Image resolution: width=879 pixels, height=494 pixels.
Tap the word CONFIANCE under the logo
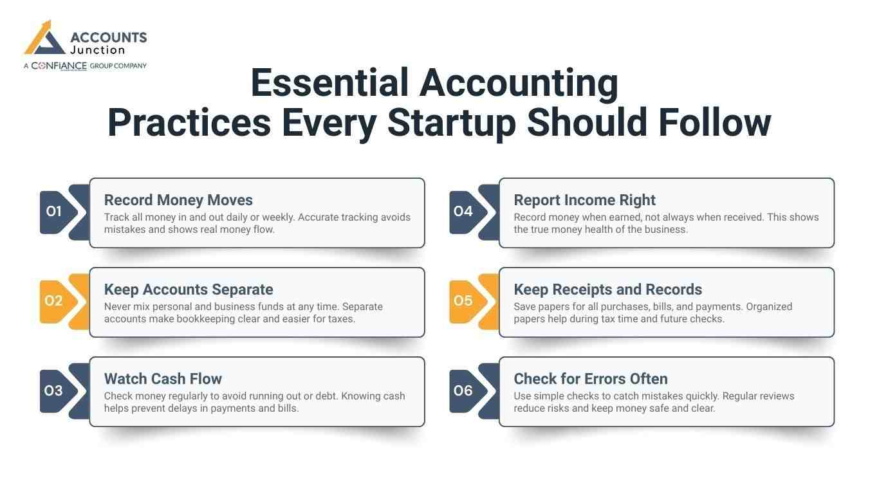click(59, 66)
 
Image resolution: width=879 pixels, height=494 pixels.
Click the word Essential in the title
click(329, 83)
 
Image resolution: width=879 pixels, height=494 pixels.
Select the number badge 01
click(54, 211)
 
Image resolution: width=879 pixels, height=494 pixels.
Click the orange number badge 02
click(54, 300)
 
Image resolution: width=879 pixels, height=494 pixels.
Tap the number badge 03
click(54, 390)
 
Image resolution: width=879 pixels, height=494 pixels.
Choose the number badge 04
click(463, 211)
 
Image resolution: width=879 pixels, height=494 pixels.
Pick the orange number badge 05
click(463, 300)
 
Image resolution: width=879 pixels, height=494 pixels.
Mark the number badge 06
click(463, 390)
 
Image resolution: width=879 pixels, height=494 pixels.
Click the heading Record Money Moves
click(178, 200)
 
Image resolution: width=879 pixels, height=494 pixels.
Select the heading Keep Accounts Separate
click(189, 289)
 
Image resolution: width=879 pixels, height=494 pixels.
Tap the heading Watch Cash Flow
click(163, 379)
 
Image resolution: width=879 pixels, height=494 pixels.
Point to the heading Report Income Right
click(584, 200)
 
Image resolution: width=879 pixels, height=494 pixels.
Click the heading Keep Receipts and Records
click(607, 289)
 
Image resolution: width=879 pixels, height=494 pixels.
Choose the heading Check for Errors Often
click(591, 379)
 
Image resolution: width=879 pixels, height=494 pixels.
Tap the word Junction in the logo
click(98, 50)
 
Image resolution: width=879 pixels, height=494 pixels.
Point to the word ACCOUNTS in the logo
click(108, 37)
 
